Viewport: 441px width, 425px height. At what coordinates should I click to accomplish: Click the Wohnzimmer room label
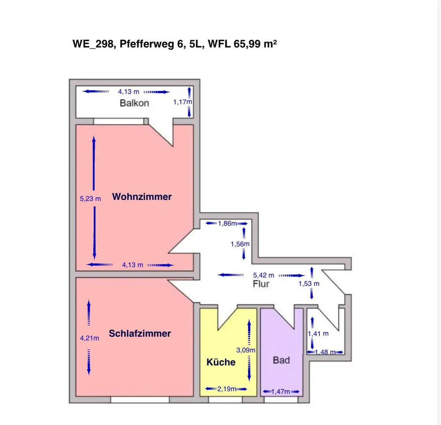click(142, 197)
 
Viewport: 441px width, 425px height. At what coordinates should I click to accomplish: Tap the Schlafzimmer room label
click(139, 334)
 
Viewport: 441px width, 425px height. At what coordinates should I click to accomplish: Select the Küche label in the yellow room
click(221, 362)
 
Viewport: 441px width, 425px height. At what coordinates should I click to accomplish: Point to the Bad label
click(281, 360)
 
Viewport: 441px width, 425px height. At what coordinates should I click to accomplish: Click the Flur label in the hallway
click(261, 284)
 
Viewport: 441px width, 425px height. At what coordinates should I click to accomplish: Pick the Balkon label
click(135, 103)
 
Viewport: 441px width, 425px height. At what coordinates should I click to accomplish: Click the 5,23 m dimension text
click(90, 199)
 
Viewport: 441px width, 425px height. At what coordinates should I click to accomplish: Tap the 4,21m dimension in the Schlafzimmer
click(90, 338)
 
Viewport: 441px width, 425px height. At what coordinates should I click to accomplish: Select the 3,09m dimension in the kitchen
click(246, 350)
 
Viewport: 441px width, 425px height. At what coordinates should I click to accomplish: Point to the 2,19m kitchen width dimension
click(227, 389)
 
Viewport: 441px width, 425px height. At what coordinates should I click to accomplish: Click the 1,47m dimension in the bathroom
click(280, 391)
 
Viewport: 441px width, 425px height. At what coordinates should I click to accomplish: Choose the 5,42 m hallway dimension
click(263, 275)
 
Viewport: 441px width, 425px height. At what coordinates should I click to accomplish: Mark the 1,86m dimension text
click(227, 223)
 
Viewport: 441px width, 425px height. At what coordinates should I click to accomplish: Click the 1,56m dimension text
click(240, 244)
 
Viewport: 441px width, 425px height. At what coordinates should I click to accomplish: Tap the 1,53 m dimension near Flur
click(309, 283)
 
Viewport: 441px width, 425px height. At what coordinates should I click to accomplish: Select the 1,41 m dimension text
click(318, 333)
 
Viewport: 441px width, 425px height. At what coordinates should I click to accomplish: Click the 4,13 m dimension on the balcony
click(128, 92)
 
